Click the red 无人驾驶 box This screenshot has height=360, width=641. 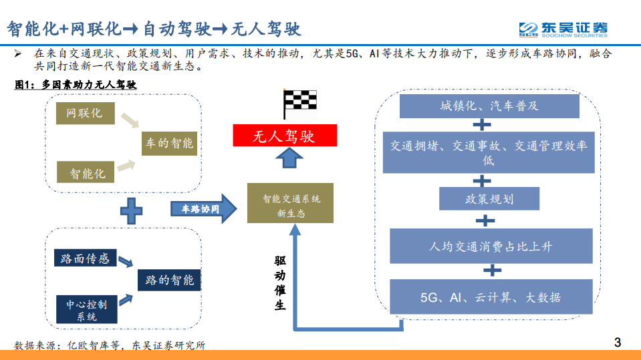click(285, 137)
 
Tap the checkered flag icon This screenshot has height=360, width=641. click(300, 104)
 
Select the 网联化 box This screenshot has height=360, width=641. click(85, 114)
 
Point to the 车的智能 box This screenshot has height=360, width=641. click(168, 143)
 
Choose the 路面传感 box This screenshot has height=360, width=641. click(85, 258)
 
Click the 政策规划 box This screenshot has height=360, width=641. click(489, 198)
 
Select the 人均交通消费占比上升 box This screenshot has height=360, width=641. click(491, 246)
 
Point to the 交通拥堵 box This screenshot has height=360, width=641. click(489, 152)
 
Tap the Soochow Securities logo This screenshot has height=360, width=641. click(563, 29)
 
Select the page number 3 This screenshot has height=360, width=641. click(617, 343)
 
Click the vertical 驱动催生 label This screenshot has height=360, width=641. click(280, 283)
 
